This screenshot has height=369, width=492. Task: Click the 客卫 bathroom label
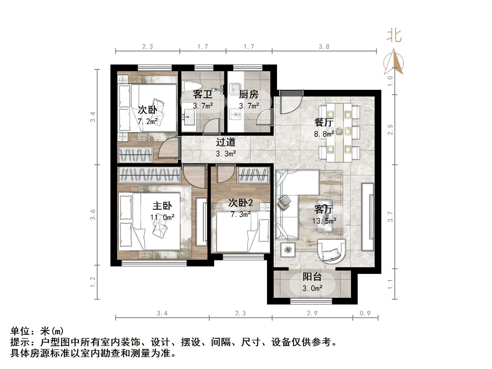click(203, 95)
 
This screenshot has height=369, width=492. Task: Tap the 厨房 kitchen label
click(249, 95)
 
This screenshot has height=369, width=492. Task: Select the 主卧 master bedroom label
click(162, 206)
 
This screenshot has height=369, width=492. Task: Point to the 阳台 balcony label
click(312, 277)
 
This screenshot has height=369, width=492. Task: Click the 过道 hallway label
click(226, 142)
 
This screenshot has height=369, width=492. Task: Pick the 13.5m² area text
click(324, 221)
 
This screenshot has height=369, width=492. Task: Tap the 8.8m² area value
click(324, 134)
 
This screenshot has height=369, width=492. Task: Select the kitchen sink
click(235, 89)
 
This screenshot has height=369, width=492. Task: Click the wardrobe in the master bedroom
click(149, 175)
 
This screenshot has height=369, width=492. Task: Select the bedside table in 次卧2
click(265, 207)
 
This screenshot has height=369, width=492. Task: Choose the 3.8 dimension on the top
click(324, 47)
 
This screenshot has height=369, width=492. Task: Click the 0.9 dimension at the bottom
click(365, 313)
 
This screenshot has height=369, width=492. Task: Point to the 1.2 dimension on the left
click(93, 282)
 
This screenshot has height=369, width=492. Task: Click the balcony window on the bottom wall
click(311, 301)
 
